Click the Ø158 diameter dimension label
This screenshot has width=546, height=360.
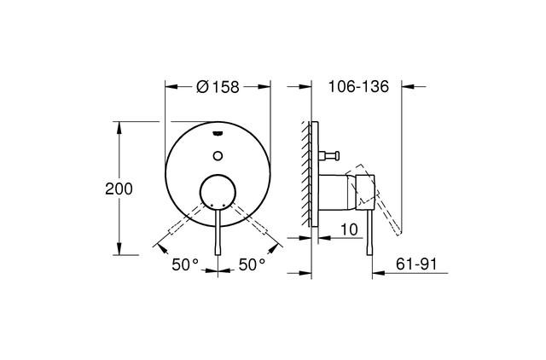pos(217,85)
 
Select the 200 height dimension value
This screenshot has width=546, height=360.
pos(118,189)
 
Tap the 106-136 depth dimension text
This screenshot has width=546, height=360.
pos(358,85)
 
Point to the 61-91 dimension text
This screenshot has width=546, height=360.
pos(416,264)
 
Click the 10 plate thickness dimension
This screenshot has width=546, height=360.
pos(348,229)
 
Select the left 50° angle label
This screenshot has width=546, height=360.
pos(184,265)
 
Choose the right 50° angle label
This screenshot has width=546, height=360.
pos(252,265)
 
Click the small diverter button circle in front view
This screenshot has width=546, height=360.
pos(218,155)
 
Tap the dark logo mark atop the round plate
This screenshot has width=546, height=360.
pos(218,131)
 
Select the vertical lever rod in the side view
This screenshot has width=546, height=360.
pos(369,235)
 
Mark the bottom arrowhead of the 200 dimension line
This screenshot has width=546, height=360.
pos(119,252)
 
